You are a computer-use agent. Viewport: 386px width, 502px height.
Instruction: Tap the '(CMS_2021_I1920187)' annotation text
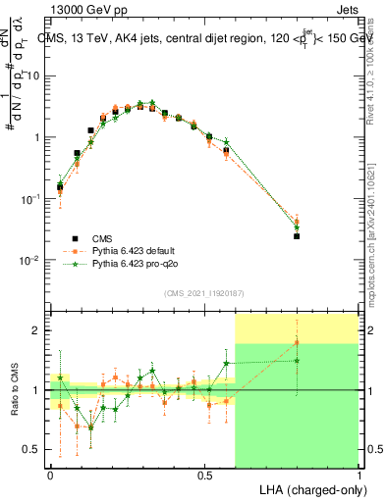pyautogui.click(x=203, y=293)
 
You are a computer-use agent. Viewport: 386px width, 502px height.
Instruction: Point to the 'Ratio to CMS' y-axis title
pyautogui.click(x=14, y=389)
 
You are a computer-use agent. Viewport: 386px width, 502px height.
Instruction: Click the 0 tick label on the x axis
pyautogui.click(x=50, y=474)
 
